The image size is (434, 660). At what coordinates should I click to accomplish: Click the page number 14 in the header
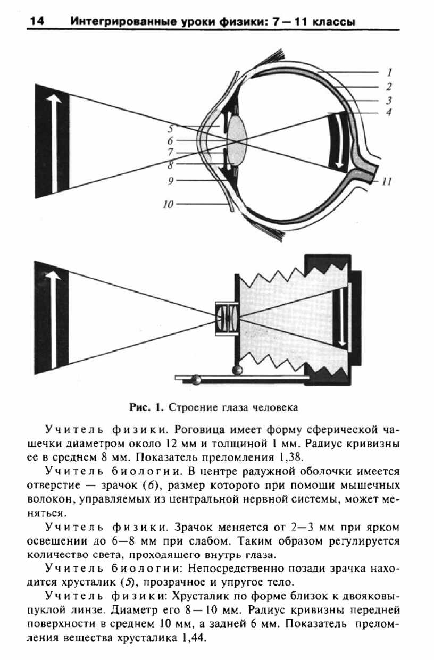click(x=37, y=21)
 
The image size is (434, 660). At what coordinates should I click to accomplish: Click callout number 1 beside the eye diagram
click(x=389, y=72)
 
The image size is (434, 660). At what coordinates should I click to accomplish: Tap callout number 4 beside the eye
click(x=389, y=112)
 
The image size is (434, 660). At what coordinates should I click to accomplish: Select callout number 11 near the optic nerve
click(x=387, y=181)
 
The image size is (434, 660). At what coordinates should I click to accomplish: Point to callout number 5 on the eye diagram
click(x=171, y=129)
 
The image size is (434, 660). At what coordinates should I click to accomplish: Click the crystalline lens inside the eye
click(x=238, y=141)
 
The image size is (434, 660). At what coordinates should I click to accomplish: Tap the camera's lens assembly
click(x=227, y=319)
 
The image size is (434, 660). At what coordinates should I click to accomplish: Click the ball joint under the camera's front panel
click(x=238, y=370)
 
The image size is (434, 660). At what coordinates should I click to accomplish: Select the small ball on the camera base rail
click(x=196, y=380)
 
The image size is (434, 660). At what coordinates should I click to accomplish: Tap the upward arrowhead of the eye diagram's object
click(x=54, y=98)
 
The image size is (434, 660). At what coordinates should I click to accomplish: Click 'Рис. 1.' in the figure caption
click(x=146, y=407)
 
